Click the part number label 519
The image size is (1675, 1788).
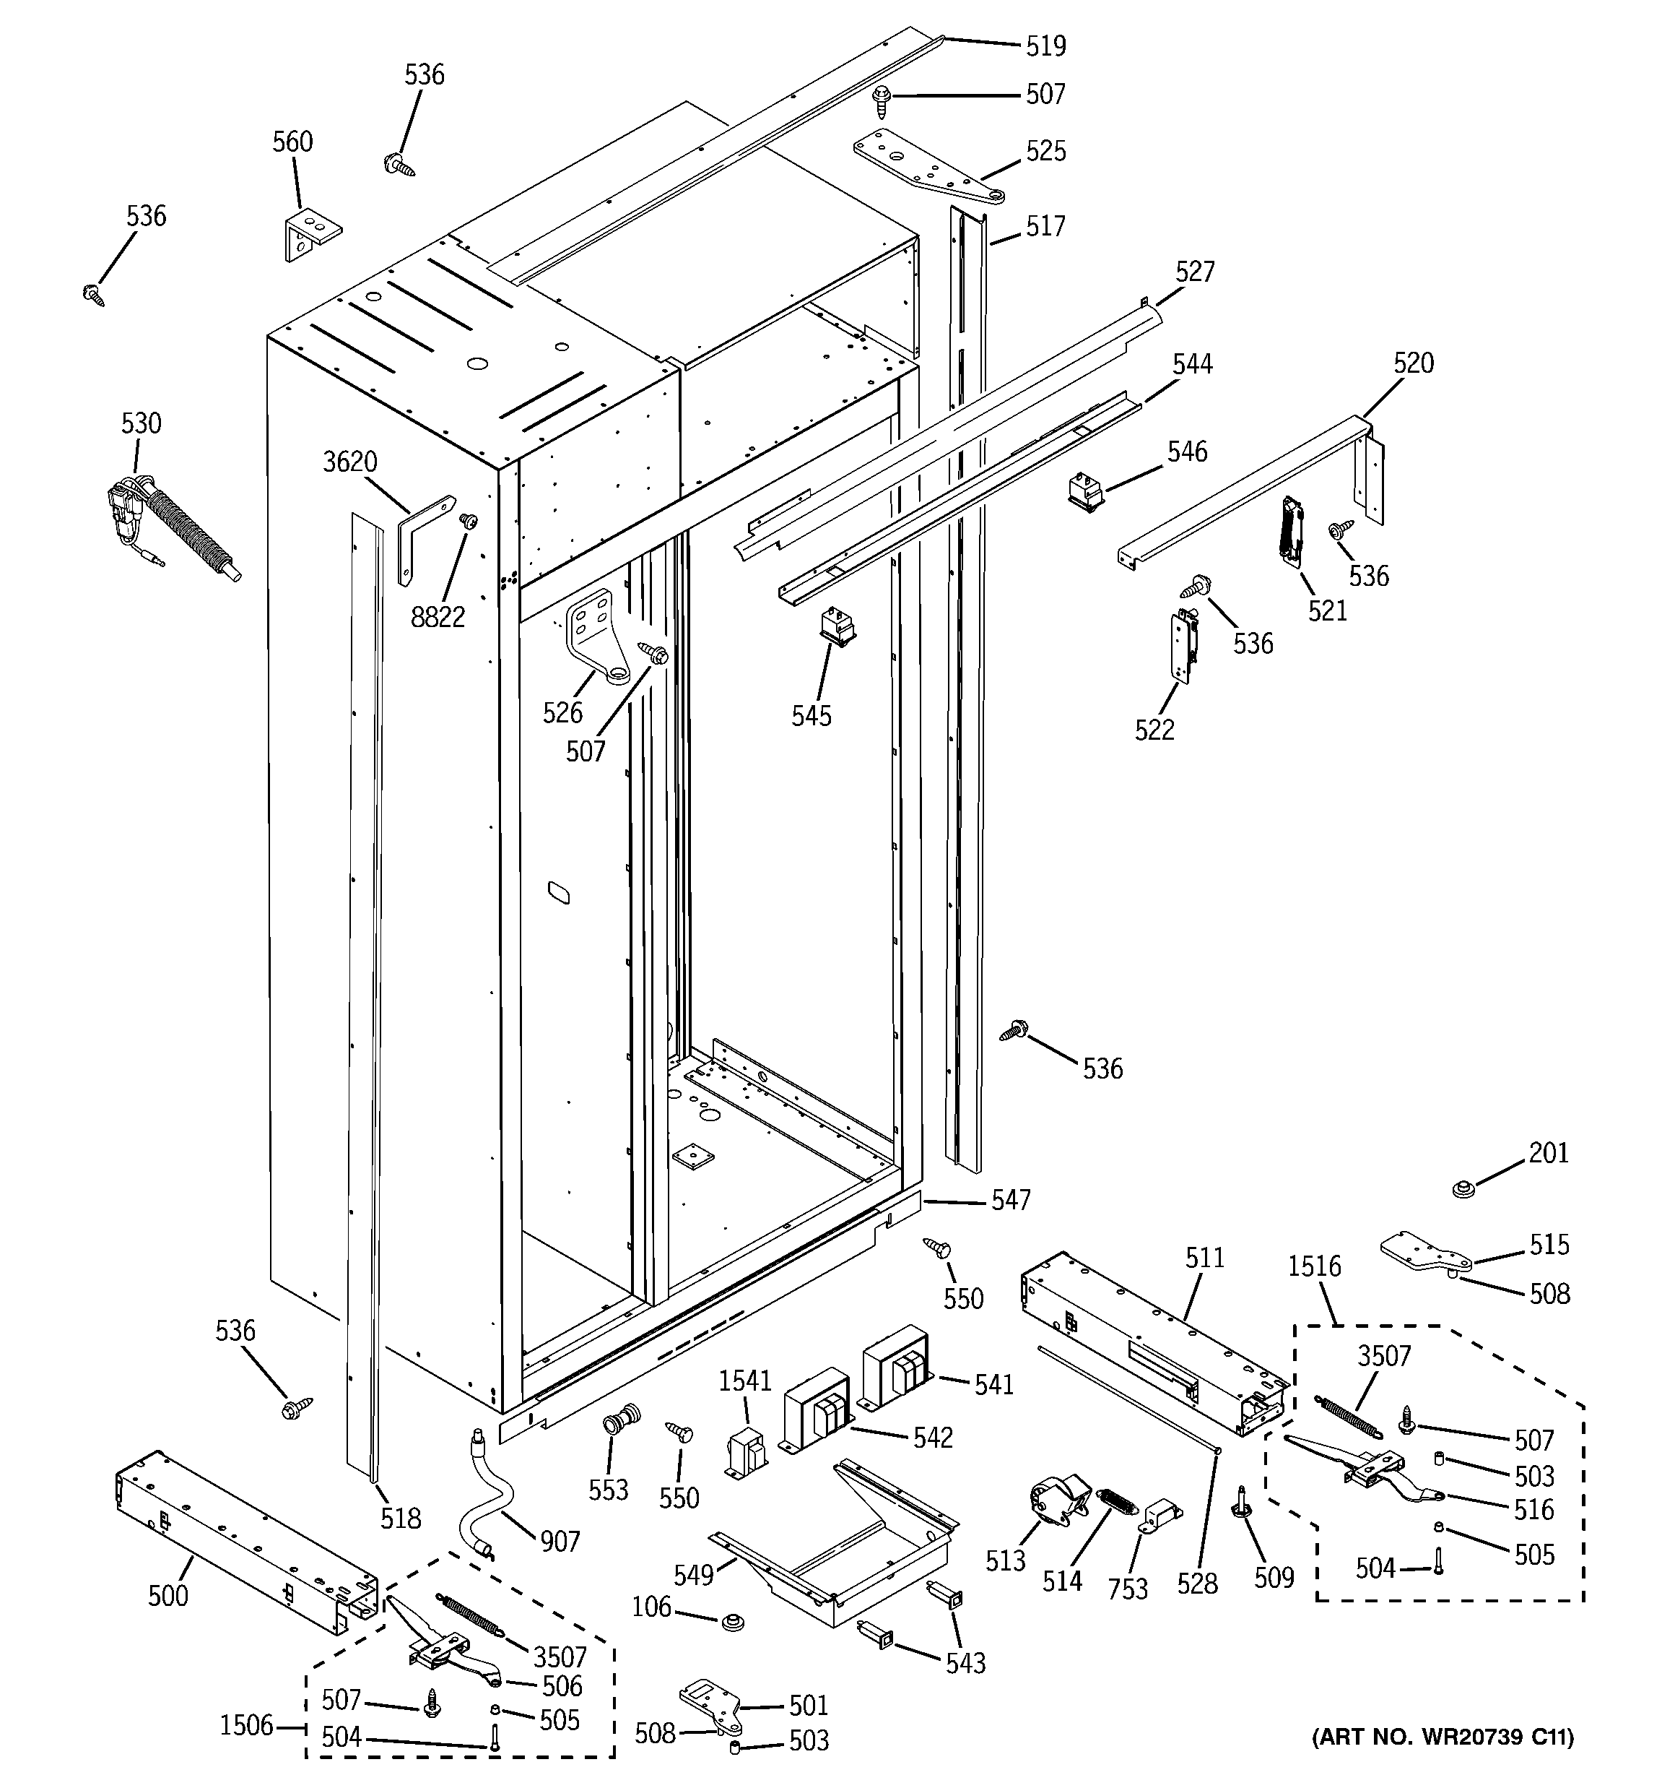1045,46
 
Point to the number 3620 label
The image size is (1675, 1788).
349,462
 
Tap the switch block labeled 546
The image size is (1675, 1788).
1085,492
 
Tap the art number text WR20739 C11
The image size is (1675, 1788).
1443,1762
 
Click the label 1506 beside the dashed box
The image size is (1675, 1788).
245,1725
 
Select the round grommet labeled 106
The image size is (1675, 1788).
734,1623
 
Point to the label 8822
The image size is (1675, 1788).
438,617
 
